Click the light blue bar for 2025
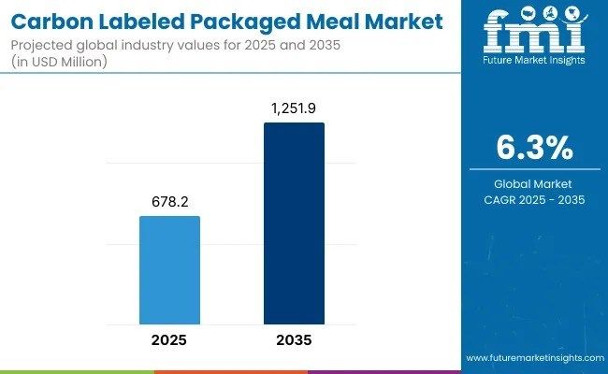[169, 270]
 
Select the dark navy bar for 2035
[294, 223]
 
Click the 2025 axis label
[169, 340]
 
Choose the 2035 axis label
[294, 340]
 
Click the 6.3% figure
[533, 148]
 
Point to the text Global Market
[533, 183]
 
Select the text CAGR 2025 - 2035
[533, 199]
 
